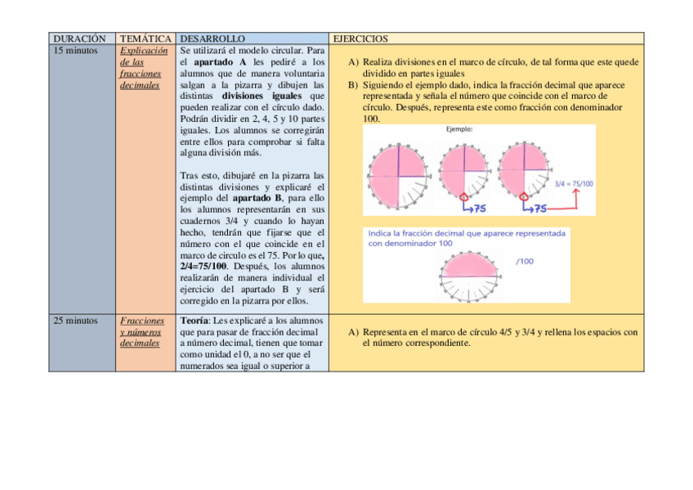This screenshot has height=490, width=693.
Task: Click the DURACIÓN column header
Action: (x=79, y=38)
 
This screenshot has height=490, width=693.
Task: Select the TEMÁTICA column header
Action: (x=145, y=38)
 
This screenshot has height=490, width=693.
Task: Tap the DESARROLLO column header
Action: (x=212, y=38)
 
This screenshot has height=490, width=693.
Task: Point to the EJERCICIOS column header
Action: (x=360, y=38)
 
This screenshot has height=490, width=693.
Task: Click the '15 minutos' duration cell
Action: (x=75, y=51)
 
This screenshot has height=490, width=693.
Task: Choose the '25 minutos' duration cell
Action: (x=75, y=321)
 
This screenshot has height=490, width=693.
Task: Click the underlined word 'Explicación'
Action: (x=144, y=51)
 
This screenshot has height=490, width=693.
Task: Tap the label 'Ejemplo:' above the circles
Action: (x=459, y=129)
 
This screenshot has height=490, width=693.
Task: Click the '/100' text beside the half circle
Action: (x=525, y=261)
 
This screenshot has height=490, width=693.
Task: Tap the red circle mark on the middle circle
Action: (x=465, y=196)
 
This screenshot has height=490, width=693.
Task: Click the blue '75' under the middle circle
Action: (x=479, y=209)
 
